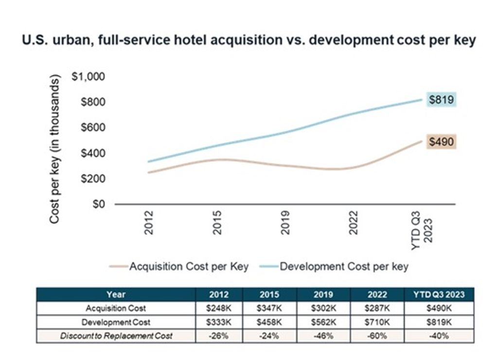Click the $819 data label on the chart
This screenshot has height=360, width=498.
pyautogui.click(x=441, y=100)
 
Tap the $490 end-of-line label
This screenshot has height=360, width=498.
pyautogui.click(x=441, y=142)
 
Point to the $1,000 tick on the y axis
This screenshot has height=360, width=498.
pyautogui.click(x=89, y=77)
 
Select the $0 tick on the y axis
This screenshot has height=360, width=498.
pyautogui.click(x=99, y=204)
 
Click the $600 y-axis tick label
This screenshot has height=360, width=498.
pyautogui.click(x=92, y=128)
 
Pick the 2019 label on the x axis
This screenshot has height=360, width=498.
pyautogui.click(x=285, y=222)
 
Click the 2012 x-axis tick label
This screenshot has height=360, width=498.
pyautogui.click(x=149, y=222)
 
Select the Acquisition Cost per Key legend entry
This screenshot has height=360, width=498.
pyautogui.click(x=189, y=266)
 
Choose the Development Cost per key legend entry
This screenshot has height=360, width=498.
pyautogui.click(x=344, y=266)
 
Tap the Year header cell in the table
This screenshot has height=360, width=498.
pyautogui.click(x=116, y=294)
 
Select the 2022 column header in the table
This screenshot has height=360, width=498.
pyautogui.click(x=377, y=294)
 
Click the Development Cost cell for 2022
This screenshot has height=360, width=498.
pyautogui.click(x=377, y=322)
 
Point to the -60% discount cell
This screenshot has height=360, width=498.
pyautogui.click(x=377, y=336)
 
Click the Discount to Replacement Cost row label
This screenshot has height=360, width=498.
pyautogui.click(x=116, y=336)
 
